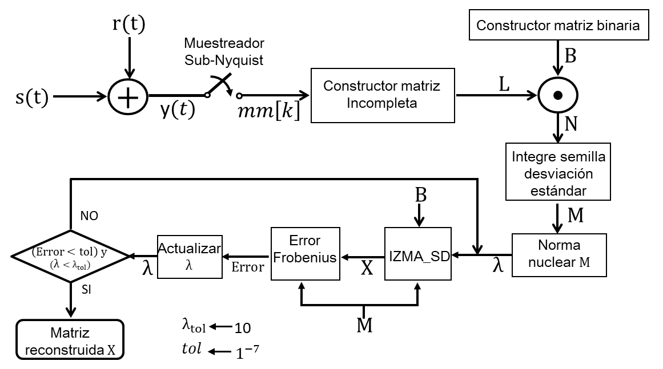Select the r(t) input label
click(x=130, y=24)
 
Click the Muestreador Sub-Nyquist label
click(x=224, y=51)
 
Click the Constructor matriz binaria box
click(x=558, y=26)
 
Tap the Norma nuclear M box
click(x=559, y=255)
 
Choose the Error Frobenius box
click(x=305, y=255)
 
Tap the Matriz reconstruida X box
click(x=70, y=340)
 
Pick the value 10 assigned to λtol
click(x=243, y=328)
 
